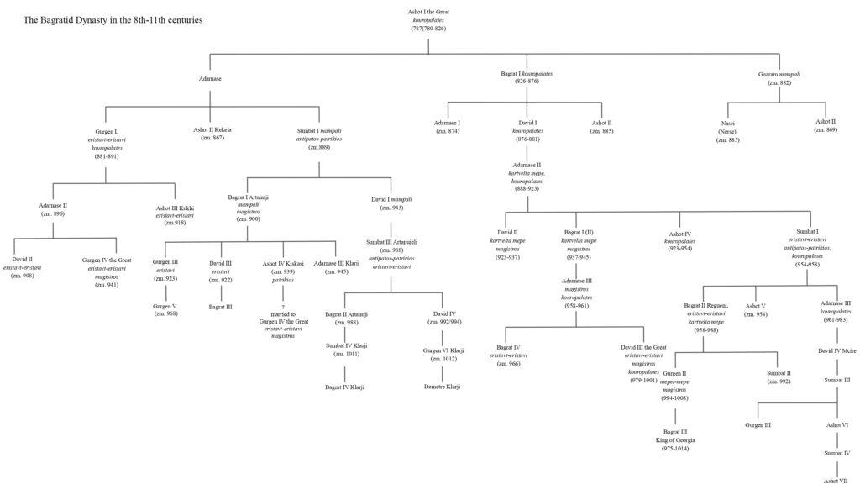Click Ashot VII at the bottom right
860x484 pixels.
tap(837, 481)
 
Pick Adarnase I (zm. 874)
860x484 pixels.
tap(448, 127)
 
